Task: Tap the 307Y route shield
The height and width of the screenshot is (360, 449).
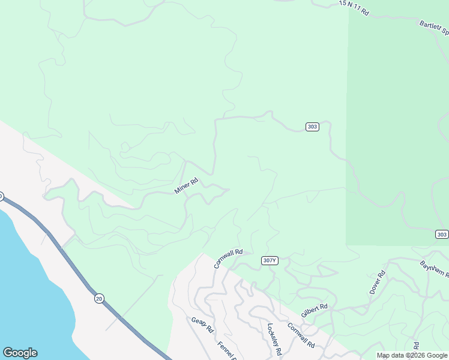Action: coord(270,260)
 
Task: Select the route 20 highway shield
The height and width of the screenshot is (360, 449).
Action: coord(99,298)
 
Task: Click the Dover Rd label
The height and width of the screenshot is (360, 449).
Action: coord(377,281)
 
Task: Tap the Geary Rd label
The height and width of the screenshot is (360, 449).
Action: coord(202,325)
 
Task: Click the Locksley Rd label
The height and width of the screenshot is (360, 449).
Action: coord(274,340)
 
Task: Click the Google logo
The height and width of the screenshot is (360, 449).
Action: coord(20,353)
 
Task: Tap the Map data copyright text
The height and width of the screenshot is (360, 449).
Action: coord(412,355)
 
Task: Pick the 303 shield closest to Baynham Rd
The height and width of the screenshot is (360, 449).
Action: coord(441,234)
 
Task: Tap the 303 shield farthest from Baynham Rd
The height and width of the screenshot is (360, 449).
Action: coord(312,127)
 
